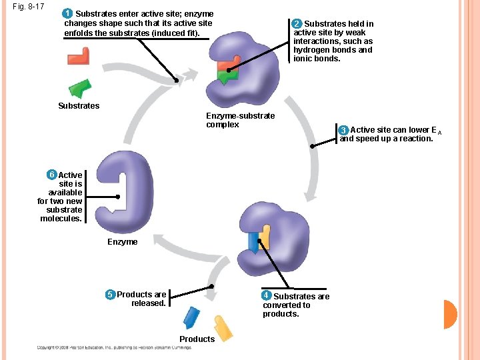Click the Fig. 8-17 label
click(x=27, y=7)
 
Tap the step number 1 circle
click(x=68, y=13)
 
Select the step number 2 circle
click(x=297, y=24)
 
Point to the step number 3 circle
click(x=343, y=130)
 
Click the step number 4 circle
click(x=267, y=295)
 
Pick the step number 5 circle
click(x=111, y=295)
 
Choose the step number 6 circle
click(x=51, y=175)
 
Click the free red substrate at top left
click(x=79, y=56)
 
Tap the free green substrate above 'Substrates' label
click(x=81, y=88)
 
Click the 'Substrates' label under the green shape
click(x=79, y=106)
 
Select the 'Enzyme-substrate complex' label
click(x=240, y=120)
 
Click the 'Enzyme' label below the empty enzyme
click(x=123, y=242)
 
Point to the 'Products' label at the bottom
click(x=197, y=339)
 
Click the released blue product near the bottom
click(x=191, y=317)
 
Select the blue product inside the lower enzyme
click(x=254, y=241)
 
